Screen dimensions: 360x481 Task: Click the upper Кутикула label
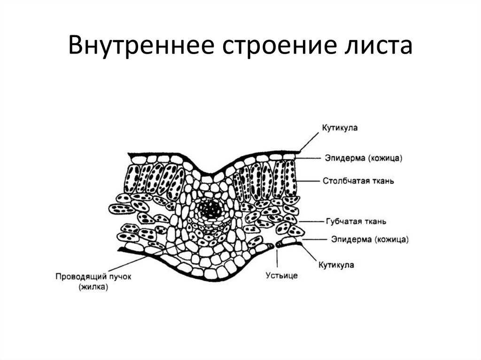[x=341, y=128]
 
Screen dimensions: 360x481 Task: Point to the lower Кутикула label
[x=336, y=265]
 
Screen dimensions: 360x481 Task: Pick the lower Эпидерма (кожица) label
[x=370, y=239]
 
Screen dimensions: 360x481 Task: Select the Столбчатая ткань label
[x=358, y=181]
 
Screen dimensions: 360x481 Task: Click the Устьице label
[x=282, y=276]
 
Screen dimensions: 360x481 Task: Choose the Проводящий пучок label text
[x=93, y=276]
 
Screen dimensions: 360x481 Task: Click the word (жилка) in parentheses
[x=93, y=287]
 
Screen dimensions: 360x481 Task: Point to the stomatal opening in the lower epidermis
[x=274, y=245]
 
